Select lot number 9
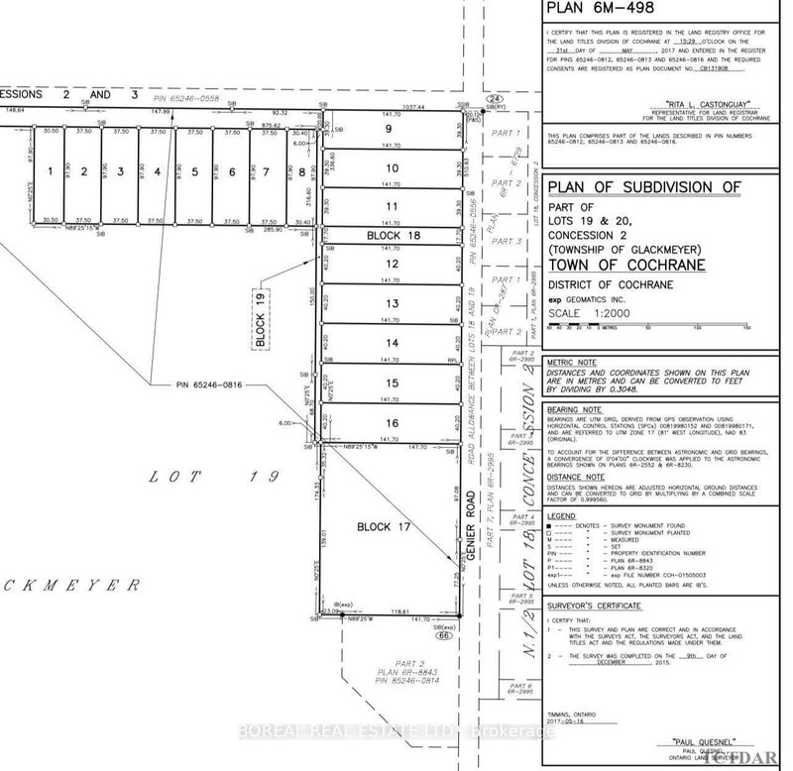(391, 128)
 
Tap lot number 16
(393, 423)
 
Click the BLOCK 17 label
(383, 528)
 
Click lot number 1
(49, 171)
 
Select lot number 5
(195, 171)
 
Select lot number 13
(392, 303)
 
